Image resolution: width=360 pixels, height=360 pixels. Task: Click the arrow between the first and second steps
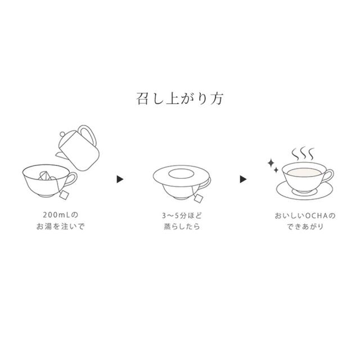coord(119,179)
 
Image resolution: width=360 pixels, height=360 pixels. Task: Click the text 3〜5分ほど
coord(180,216)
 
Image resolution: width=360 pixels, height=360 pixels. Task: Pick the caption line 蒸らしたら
coord(180,227)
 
